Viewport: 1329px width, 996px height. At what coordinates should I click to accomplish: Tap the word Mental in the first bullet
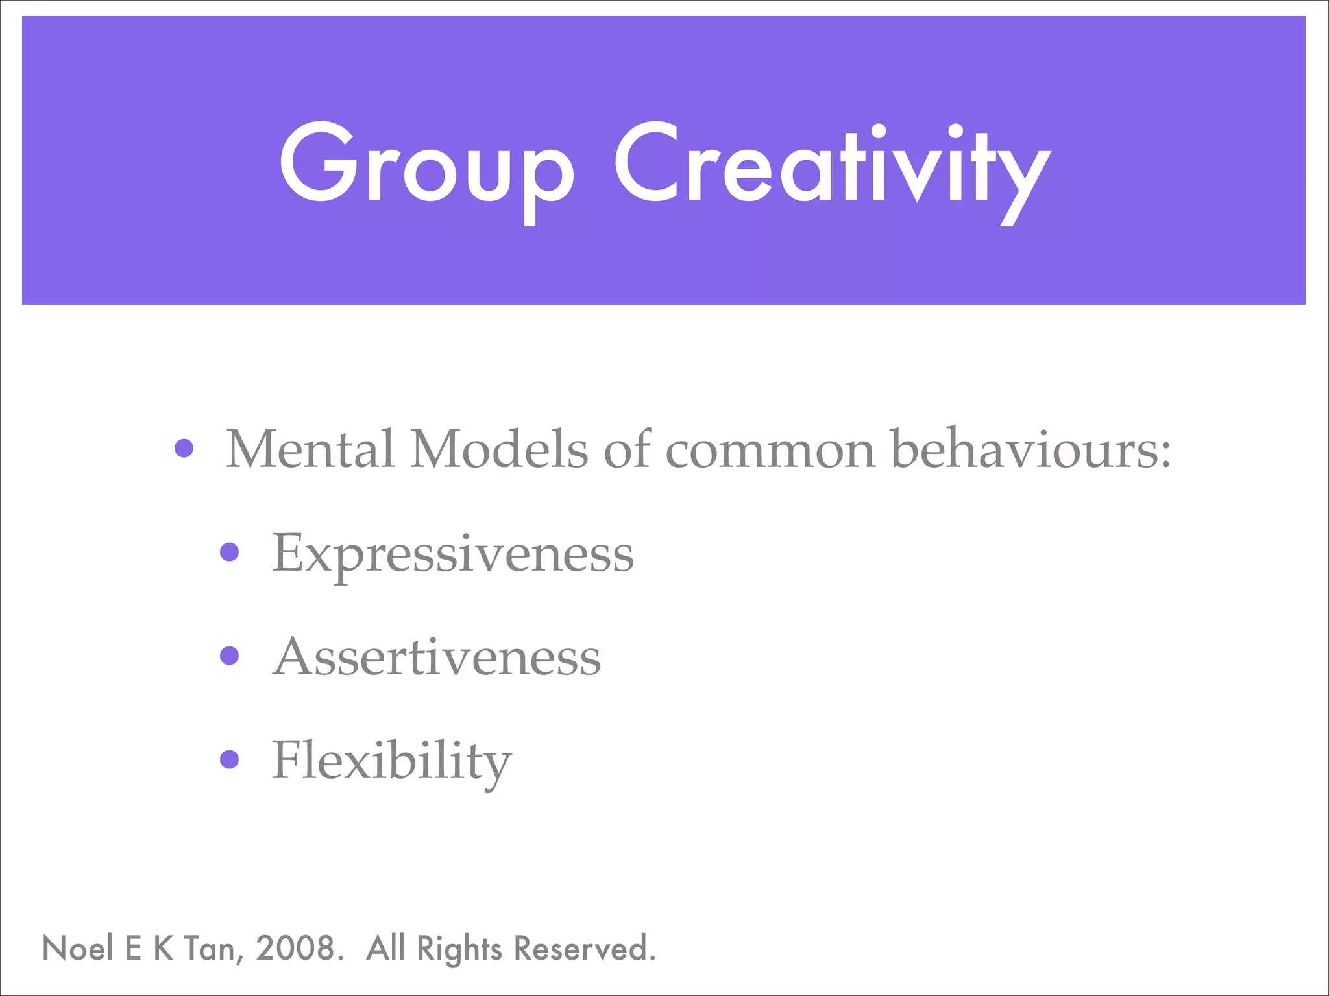(x=310, y=449)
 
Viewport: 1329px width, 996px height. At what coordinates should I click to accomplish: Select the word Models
(x=499, y=449)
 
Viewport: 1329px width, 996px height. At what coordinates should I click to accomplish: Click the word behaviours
(x=1023, y=449)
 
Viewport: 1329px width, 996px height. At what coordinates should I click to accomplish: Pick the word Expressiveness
(x=453, y=555)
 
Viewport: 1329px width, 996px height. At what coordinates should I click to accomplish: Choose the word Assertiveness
(x=437, y=658)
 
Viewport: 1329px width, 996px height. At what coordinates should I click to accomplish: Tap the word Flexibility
(x=392, y=761)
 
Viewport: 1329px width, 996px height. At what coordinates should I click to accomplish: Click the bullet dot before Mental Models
(x=184, y=448)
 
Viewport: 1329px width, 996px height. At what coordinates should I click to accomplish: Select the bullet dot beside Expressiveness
(x=230, y=552)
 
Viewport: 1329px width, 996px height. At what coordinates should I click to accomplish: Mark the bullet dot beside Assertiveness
(x=230, y=656)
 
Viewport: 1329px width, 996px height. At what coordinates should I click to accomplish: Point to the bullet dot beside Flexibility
(x=230, y=759)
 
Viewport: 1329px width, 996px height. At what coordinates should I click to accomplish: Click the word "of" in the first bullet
(x=627, y=449)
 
